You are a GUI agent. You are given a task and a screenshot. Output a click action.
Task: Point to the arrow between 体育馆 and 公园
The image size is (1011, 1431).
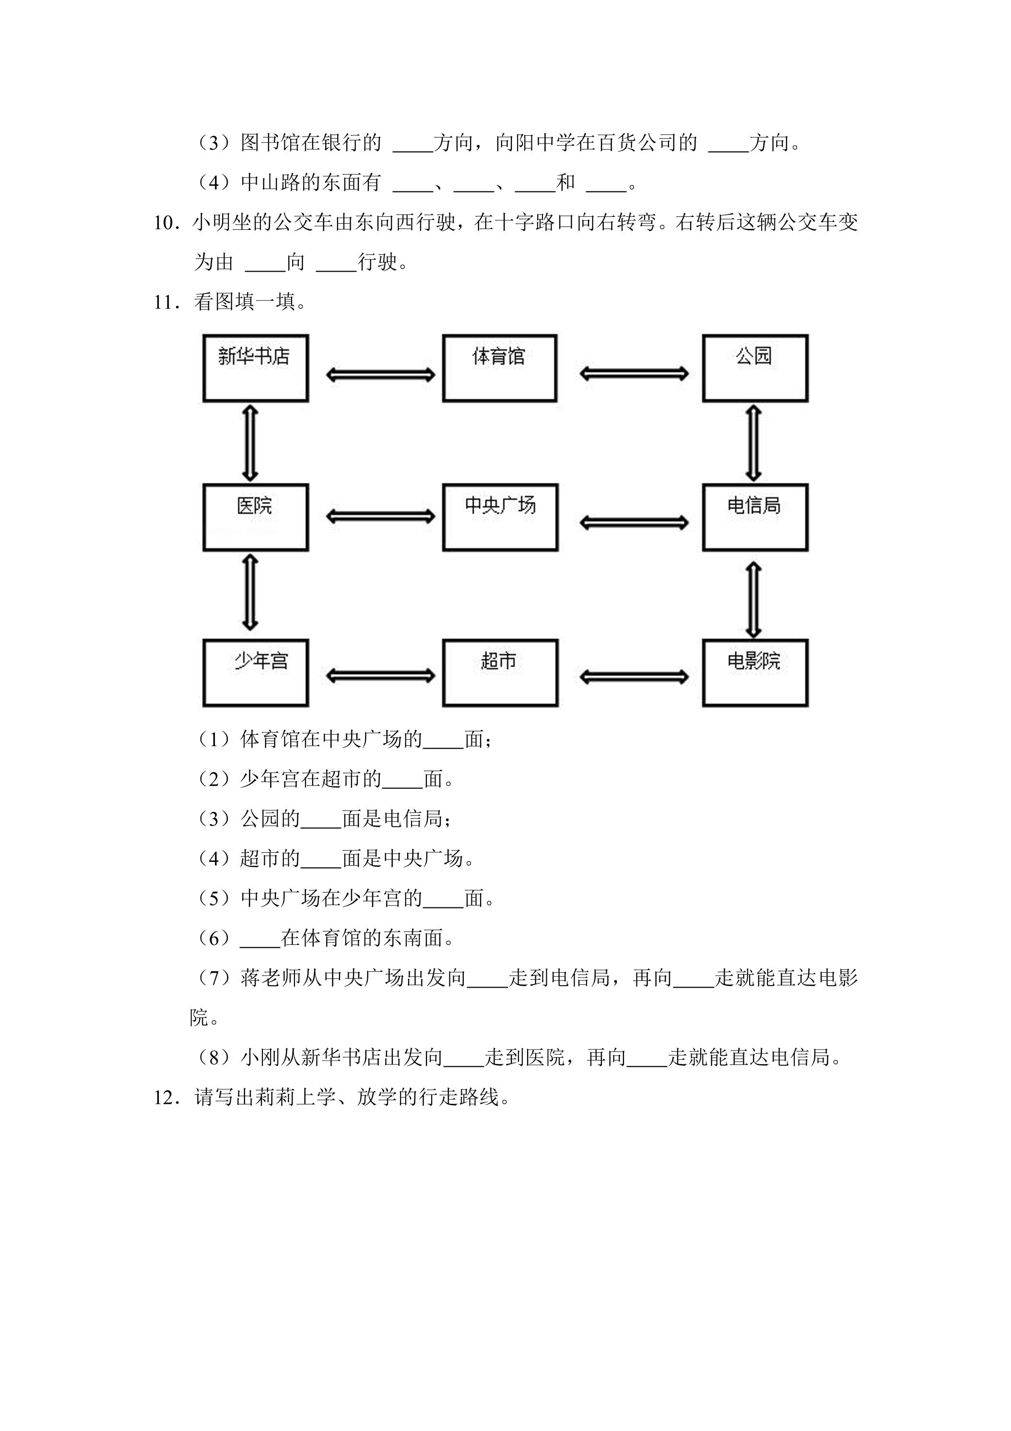click(x=634, y=374)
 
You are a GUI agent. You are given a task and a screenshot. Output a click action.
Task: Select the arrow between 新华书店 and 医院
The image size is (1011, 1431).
click(x=250, y=443)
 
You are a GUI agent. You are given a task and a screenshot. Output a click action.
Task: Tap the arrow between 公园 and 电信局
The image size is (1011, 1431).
click(x=754, y=443)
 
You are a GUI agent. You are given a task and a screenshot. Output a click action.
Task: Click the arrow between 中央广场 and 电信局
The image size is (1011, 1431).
click(x=634, y=523)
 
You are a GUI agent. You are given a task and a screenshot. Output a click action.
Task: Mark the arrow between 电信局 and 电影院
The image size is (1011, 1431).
click(x=754, y=599)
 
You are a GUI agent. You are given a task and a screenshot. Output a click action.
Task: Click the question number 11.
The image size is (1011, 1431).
click(x=167, y=302)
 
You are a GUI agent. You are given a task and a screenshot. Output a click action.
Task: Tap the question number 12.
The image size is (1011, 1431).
click(x=167, y=1097)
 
